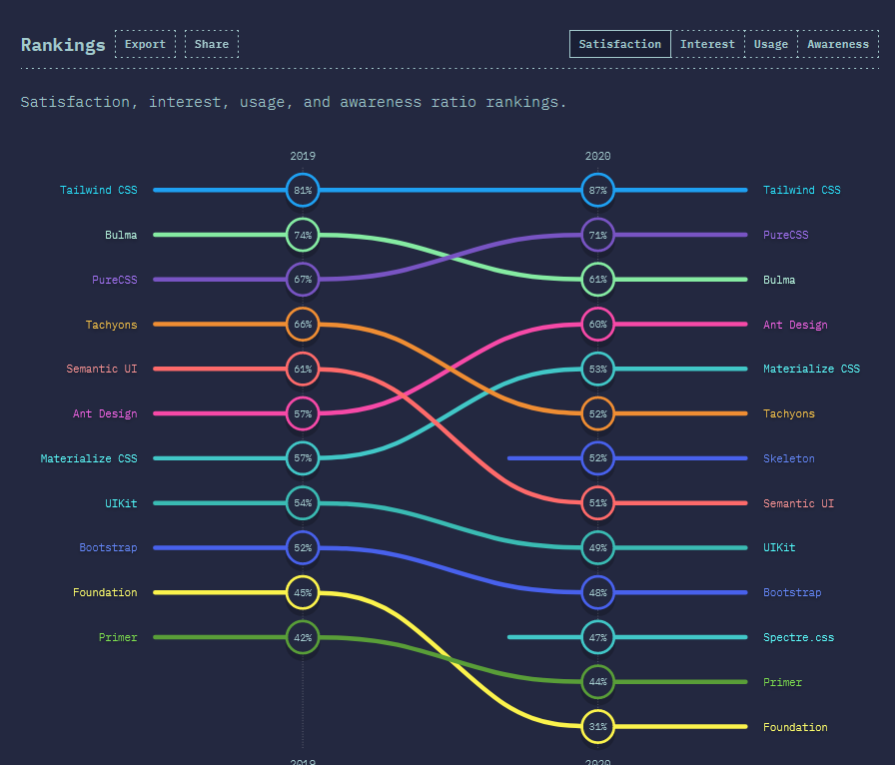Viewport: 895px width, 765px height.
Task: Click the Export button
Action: point(145,44)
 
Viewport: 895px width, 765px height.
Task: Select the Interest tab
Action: point(707,44)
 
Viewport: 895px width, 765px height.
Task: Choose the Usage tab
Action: point(771,44)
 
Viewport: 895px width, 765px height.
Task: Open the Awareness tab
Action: point(838,44)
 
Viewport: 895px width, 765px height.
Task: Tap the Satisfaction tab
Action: point(620,44)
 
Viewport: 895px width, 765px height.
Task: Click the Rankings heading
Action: point(63,45)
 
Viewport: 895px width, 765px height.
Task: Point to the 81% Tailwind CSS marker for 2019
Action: point(303,190)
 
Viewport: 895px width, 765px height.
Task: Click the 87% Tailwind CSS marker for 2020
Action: point(597,190)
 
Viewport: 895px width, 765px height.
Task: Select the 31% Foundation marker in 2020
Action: point(597,727)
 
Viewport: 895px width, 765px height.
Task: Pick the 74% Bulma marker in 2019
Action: point(303,235)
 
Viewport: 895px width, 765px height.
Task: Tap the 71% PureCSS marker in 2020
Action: point(597,235)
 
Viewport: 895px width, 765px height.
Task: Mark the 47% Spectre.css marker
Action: point(597,637)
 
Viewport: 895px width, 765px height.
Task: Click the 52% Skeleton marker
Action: point(597,458)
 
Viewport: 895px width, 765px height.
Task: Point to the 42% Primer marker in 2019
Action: point(303,637)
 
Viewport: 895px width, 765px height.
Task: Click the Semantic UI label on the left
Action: point(102,369)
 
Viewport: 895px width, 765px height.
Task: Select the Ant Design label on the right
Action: point(795,325)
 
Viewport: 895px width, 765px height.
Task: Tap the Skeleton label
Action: point(789,458)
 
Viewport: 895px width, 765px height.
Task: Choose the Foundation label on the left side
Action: point(105,592)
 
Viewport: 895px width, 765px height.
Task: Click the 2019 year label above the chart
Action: point(303,156)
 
